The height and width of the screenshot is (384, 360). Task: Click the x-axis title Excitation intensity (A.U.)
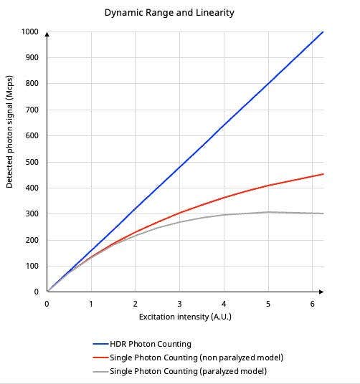185,316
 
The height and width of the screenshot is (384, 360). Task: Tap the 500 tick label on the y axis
31,162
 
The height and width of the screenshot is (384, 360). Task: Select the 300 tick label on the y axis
31,214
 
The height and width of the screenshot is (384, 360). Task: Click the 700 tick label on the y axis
31,110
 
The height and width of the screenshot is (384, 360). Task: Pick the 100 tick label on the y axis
31,266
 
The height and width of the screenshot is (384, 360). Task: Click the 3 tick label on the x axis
179,304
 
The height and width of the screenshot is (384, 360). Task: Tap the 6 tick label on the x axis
312,304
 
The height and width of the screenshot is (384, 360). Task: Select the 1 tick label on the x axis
91,304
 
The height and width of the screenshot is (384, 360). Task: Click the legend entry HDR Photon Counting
151,344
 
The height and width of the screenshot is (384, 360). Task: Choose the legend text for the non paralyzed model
196,357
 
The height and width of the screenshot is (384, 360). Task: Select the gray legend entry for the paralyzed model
188,371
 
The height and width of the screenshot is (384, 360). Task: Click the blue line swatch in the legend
100,345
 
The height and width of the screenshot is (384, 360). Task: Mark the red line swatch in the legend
100,358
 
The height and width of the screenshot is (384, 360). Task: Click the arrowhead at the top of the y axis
47,34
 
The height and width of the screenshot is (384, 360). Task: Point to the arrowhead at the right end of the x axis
321,292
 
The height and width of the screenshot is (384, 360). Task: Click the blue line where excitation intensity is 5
267,84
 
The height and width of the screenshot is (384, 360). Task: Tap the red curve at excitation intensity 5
267,186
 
